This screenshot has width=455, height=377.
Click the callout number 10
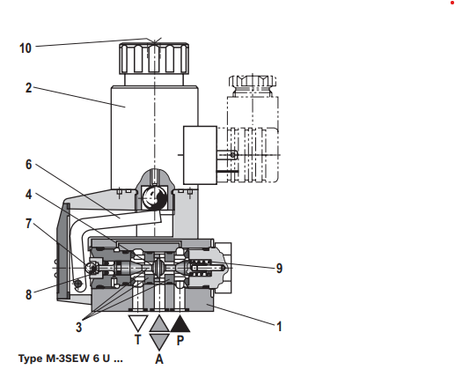26,48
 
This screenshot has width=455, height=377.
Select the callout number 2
28,88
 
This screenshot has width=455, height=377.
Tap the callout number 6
28,165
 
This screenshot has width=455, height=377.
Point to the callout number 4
28,195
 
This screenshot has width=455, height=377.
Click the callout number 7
28,224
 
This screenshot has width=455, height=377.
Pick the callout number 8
28,294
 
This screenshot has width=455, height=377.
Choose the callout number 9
280,268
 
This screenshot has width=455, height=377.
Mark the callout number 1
280,327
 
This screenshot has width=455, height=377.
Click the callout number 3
78,327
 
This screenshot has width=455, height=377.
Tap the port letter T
138,340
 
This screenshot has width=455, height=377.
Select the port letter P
180,340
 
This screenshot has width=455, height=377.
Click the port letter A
159,359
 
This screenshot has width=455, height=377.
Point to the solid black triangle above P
180,324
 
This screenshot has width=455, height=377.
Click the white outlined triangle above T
138,323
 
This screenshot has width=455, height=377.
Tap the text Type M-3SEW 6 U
70,359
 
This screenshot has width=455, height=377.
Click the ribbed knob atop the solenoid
154,58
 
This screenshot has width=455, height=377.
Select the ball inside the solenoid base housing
154,197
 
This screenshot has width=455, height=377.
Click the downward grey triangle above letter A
159,342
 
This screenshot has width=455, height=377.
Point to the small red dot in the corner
452,3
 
